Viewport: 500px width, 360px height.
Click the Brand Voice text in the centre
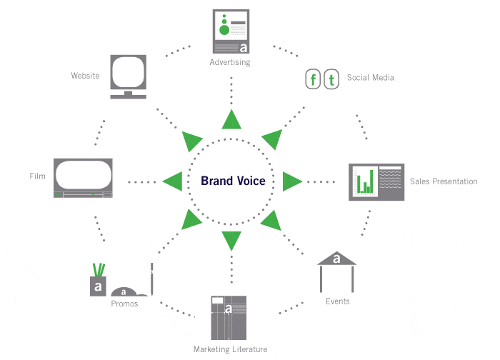pos(233,181)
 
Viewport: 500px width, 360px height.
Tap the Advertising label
pos(230,62)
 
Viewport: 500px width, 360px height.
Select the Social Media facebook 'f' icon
pos(313,79)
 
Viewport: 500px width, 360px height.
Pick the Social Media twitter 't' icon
pos(331,79)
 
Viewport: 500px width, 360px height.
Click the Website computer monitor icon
pos(128,77)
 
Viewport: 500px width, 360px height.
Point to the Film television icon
pos(83,178)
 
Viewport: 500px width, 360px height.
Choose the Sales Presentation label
pos(444,181)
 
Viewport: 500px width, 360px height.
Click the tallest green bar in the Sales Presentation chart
pos(371,181)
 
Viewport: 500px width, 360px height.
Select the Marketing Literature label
pos(230,349)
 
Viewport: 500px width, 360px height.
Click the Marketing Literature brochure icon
pos(229,318)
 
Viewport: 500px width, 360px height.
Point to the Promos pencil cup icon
pos(99,280)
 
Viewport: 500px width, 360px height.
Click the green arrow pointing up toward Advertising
pos(231,119)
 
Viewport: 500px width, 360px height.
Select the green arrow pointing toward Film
pos(172,181)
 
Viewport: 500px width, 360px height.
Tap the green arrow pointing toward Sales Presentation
pos(292,181)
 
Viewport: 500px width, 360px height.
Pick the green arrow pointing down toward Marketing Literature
pos(231,241)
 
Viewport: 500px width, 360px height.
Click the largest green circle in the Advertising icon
pos(224,30)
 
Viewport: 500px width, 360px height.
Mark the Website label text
pos(85,76)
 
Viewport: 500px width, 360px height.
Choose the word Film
pos(37,176)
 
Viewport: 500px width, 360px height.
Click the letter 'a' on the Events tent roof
pos(336,259)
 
